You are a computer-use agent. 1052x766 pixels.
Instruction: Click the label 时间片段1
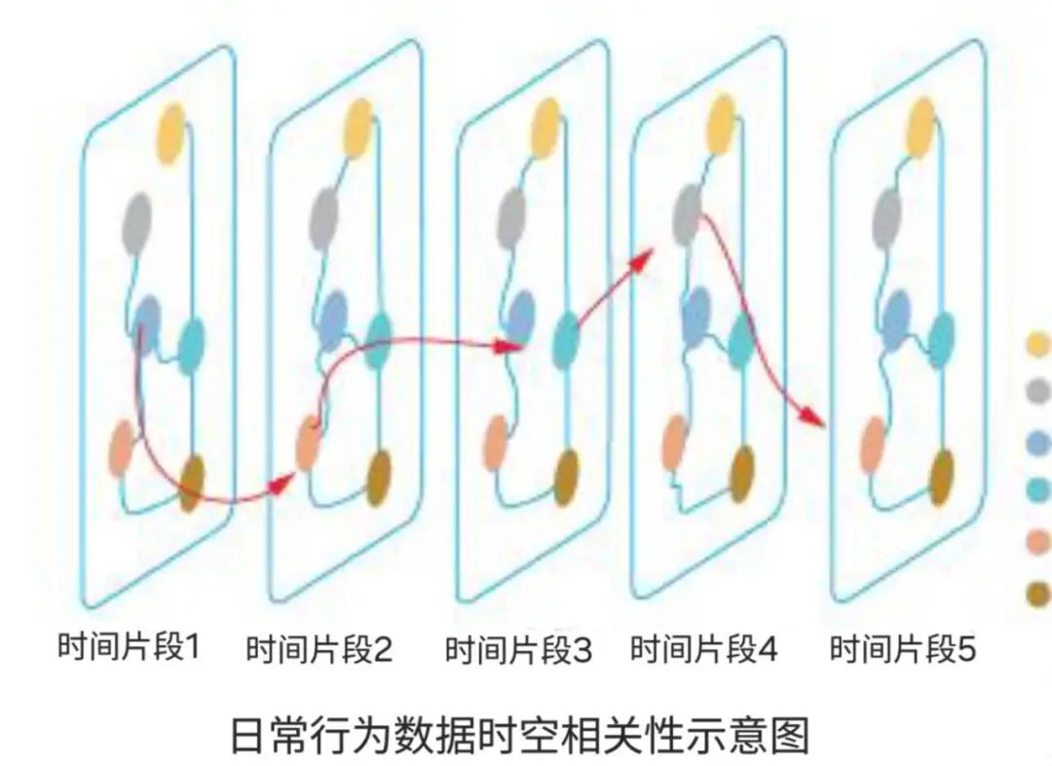click(129, 646)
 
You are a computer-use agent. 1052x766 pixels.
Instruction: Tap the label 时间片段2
click(319, 649)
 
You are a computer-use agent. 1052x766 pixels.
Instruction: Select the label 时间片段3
click(518, 649)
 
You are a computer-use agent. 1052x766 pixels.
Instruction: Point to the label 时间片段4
click(704, 648)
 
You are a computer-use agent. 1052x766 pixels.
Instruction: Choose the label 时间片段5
click(903, 648)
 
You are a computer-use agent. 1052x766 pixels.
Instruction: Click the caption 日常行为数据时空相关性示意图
click(520, 735)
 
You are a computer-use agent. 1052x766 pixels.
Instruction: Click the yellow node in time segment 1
click(171, 133)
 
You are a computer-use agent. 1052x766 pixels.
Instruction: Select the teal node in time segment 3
click(566, 341)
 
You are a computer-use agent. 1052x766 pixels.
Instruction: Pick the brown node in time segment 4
click(742, 474)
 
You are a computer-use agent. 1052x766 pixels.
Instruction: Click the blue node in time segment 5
click(897, 320)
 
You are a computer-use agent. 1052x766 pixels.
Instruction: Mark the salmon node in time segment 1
click(123, 447)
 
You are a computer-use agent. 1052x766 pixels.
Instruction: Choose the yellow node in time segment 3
click(545, 128)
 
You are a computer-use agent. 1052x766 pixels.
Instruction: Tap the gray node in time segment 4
click(687, 214)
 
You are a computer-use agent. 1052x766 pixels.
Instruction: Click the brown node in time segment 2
click(380, 478)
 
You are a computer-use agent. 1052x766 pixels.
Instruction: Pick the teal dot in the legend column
click(1040, 490)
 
